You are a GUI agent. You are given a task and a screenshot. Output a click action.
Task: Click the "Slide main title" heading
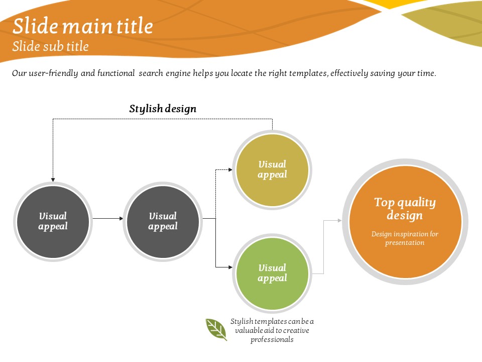point(83,26)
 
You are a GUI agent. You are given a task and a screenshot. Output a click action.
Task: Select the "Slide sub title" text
point(50,46)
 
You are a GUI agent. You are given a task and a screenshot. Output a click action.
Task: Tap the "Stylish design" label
point(163,109)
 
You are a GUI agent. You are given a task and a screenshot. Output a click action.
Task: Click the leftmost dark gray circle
point(53,222)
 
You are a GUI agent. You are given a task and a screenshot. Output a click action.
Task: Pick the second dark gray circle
point(163,222)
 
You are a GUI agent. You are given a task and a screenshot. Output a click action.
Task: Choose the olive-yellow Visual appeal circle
point(272,170)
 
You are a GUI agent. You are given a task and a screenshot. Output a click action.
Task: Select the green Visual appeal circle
point(272,274)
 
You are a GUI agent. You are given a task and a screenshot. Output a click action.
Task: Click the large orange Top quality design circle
point(405,222)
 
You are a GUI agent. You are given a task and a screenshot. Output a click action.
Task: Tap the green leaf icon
point(216,329)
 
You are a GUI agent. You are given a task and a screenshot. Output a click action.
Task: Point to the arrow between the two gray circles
point(108,219)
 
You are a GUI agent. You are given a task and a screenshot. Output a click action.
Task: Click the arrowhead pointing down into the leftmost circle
point(53,180)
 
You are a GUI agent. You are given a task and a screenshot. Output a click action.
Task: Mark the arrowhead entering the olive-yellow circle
point(230,169)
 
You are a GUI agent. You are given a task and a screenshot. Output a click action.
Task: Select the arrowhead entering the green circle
point(230,267)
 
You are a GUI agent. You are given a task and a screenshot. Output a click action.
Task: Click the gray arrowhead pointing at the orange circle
point(340,220)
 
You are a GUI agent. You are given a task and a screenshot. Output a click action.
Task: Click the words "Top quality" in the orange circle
point(405,203)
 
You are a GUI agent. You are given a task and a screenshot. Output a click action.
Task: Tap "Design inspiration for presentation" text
point(405,238)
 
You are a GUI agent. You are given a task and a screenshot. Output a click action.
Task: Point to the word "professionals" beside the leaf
point(272,339)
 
